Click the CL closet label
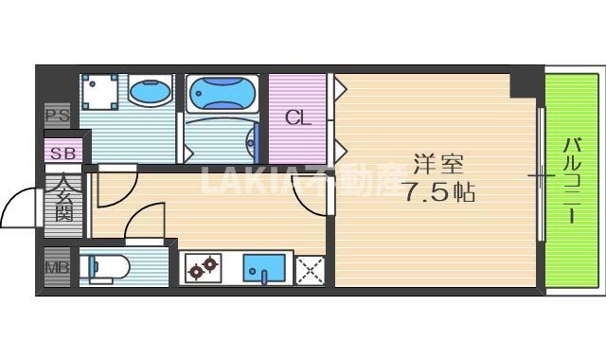[297, 119]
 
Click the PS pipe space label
[57, 117]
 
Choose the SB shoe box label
[62, 152]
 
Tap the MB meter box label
[57, 268]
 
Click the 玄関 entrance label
[63, 198]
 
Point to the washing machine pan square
[99, 93]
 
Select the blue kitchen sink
[263, 269]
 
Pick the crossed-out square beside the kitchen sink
[310, 270]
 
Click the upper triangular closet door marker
[339, 90]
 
